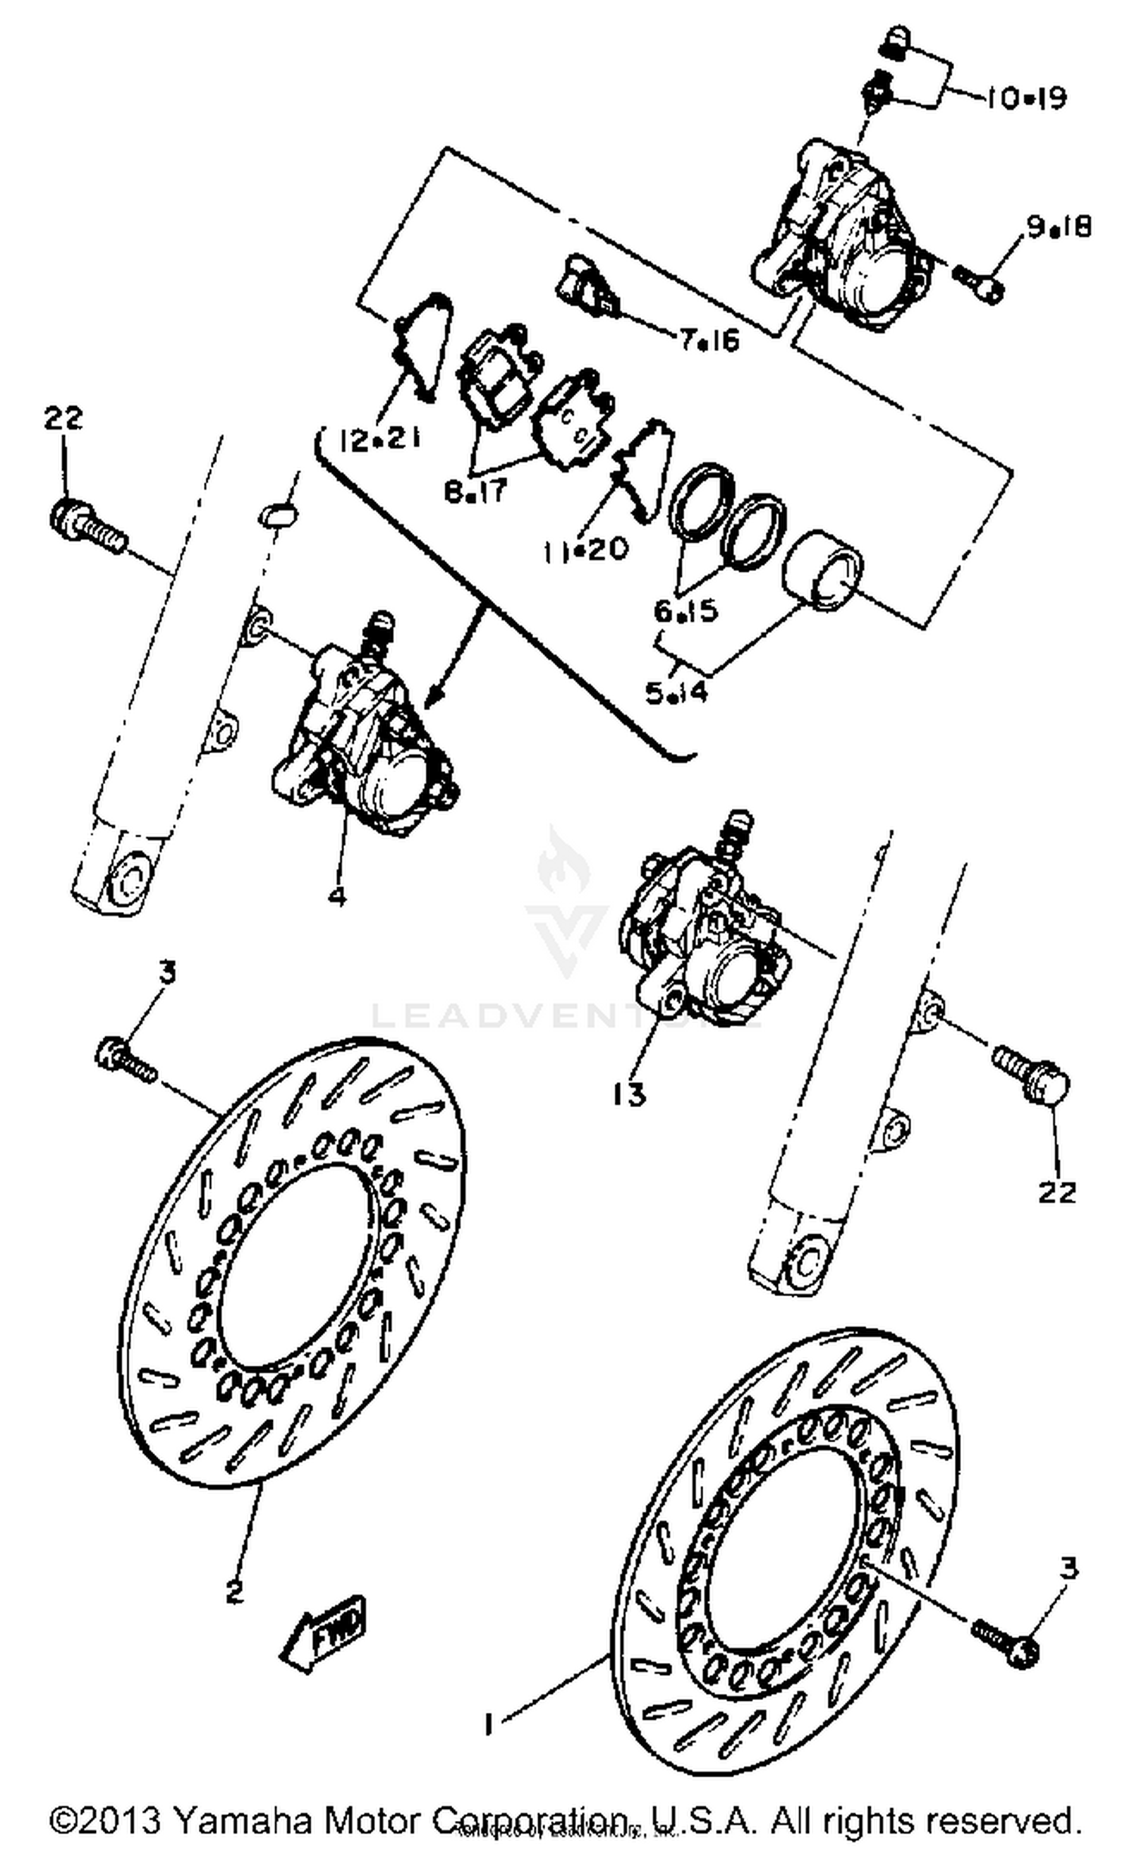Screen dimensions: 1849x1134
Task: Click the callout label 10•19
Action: click(x=1026, y=98)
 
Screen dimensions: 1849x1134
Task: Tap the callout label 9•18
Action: click(x=1058, y=226)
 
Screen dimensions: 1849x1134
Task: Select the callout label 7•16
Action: click(x=708, y=341)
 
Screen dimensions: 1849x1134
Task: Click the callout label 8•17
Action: click(x=476, y=492)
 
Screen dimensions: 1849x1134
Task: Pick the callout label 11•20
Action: click(x=586, y=549)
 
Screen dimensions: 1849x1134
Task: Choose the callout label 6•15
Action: click(x=686, y=611)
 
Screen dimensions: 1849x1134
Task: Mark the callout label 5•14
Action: click(x=677, y=692)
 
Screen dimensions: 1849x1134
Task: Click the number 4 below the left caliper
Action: click(x=337, y=896)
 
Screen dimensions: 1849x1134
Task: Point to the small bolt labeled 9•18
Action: click(x=978, y=283)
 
